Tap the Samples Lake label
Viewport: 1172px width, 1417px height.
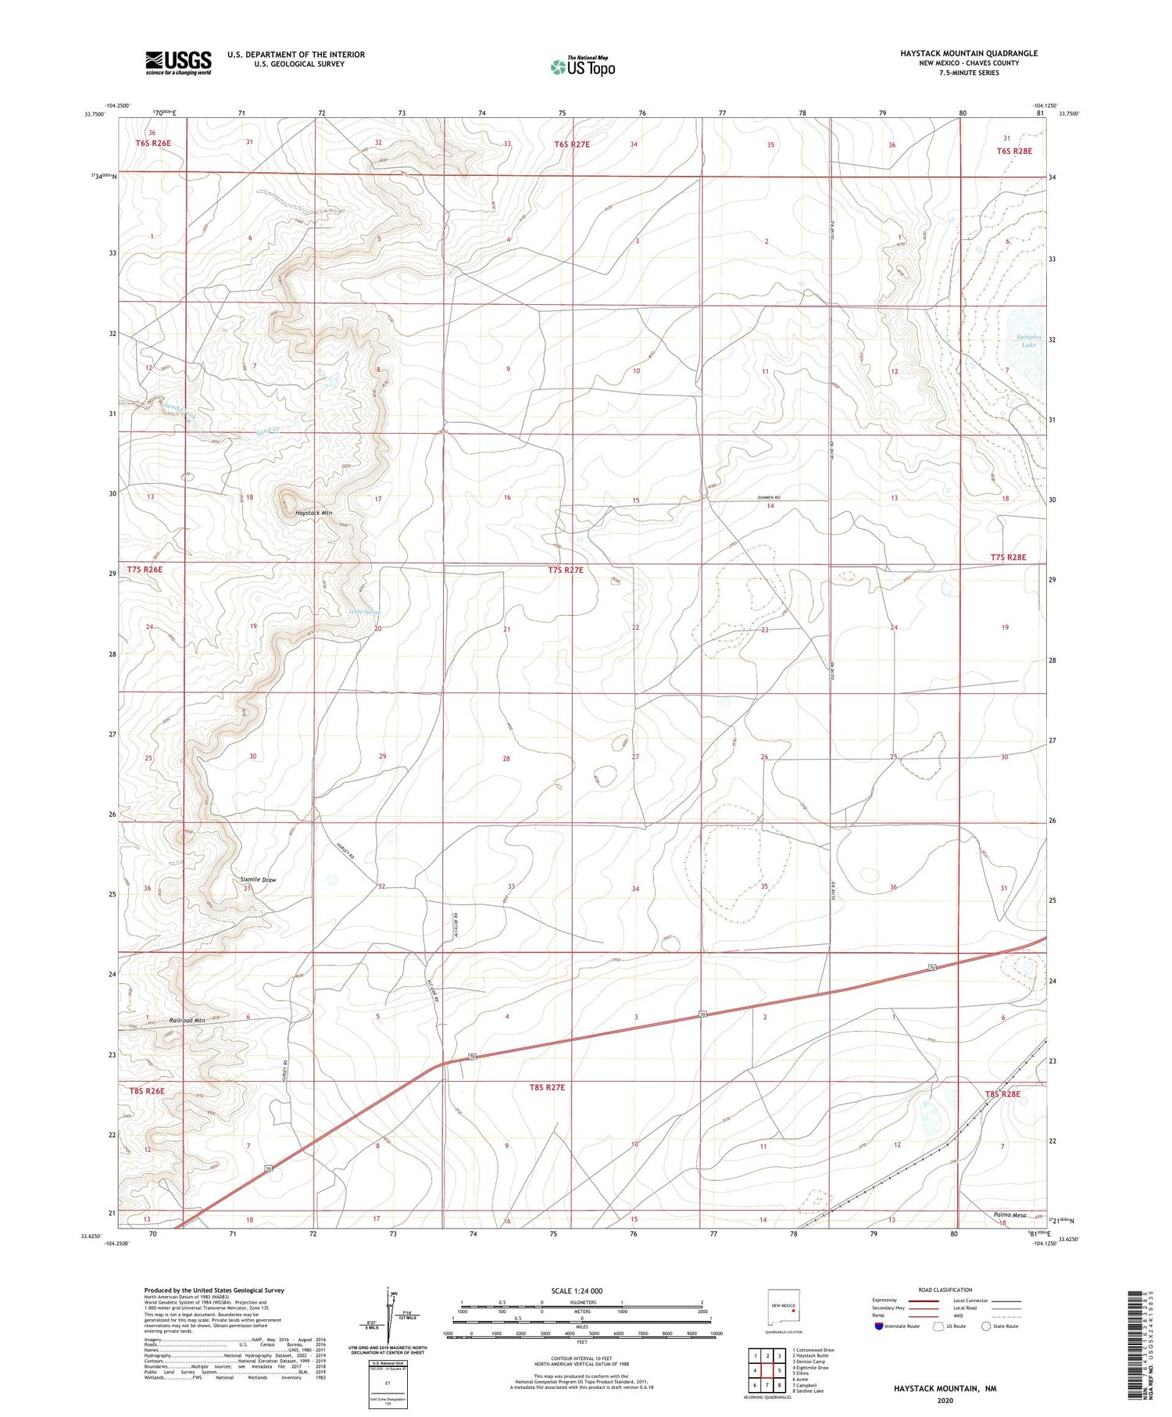[1028, 341]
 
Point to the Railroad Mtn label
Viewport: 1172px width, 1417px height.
[187, 1021]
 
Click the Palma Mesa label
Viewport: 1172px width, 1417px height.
[1009, 1215]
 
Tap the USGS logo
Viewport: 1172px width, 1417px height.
[178, 63]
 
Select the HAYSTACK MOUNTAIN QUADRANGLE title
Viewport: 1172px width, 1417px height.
[958, 53]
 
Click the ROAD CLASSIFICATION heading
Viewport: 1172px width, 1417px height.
[945, 1290]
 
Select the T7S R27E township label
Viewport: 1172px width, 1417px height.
[566, 570]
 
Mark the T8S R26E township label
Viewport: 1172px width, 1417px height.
[146, 1090]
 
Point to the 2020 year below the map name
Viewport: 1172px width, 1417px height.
[946, 1401]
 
